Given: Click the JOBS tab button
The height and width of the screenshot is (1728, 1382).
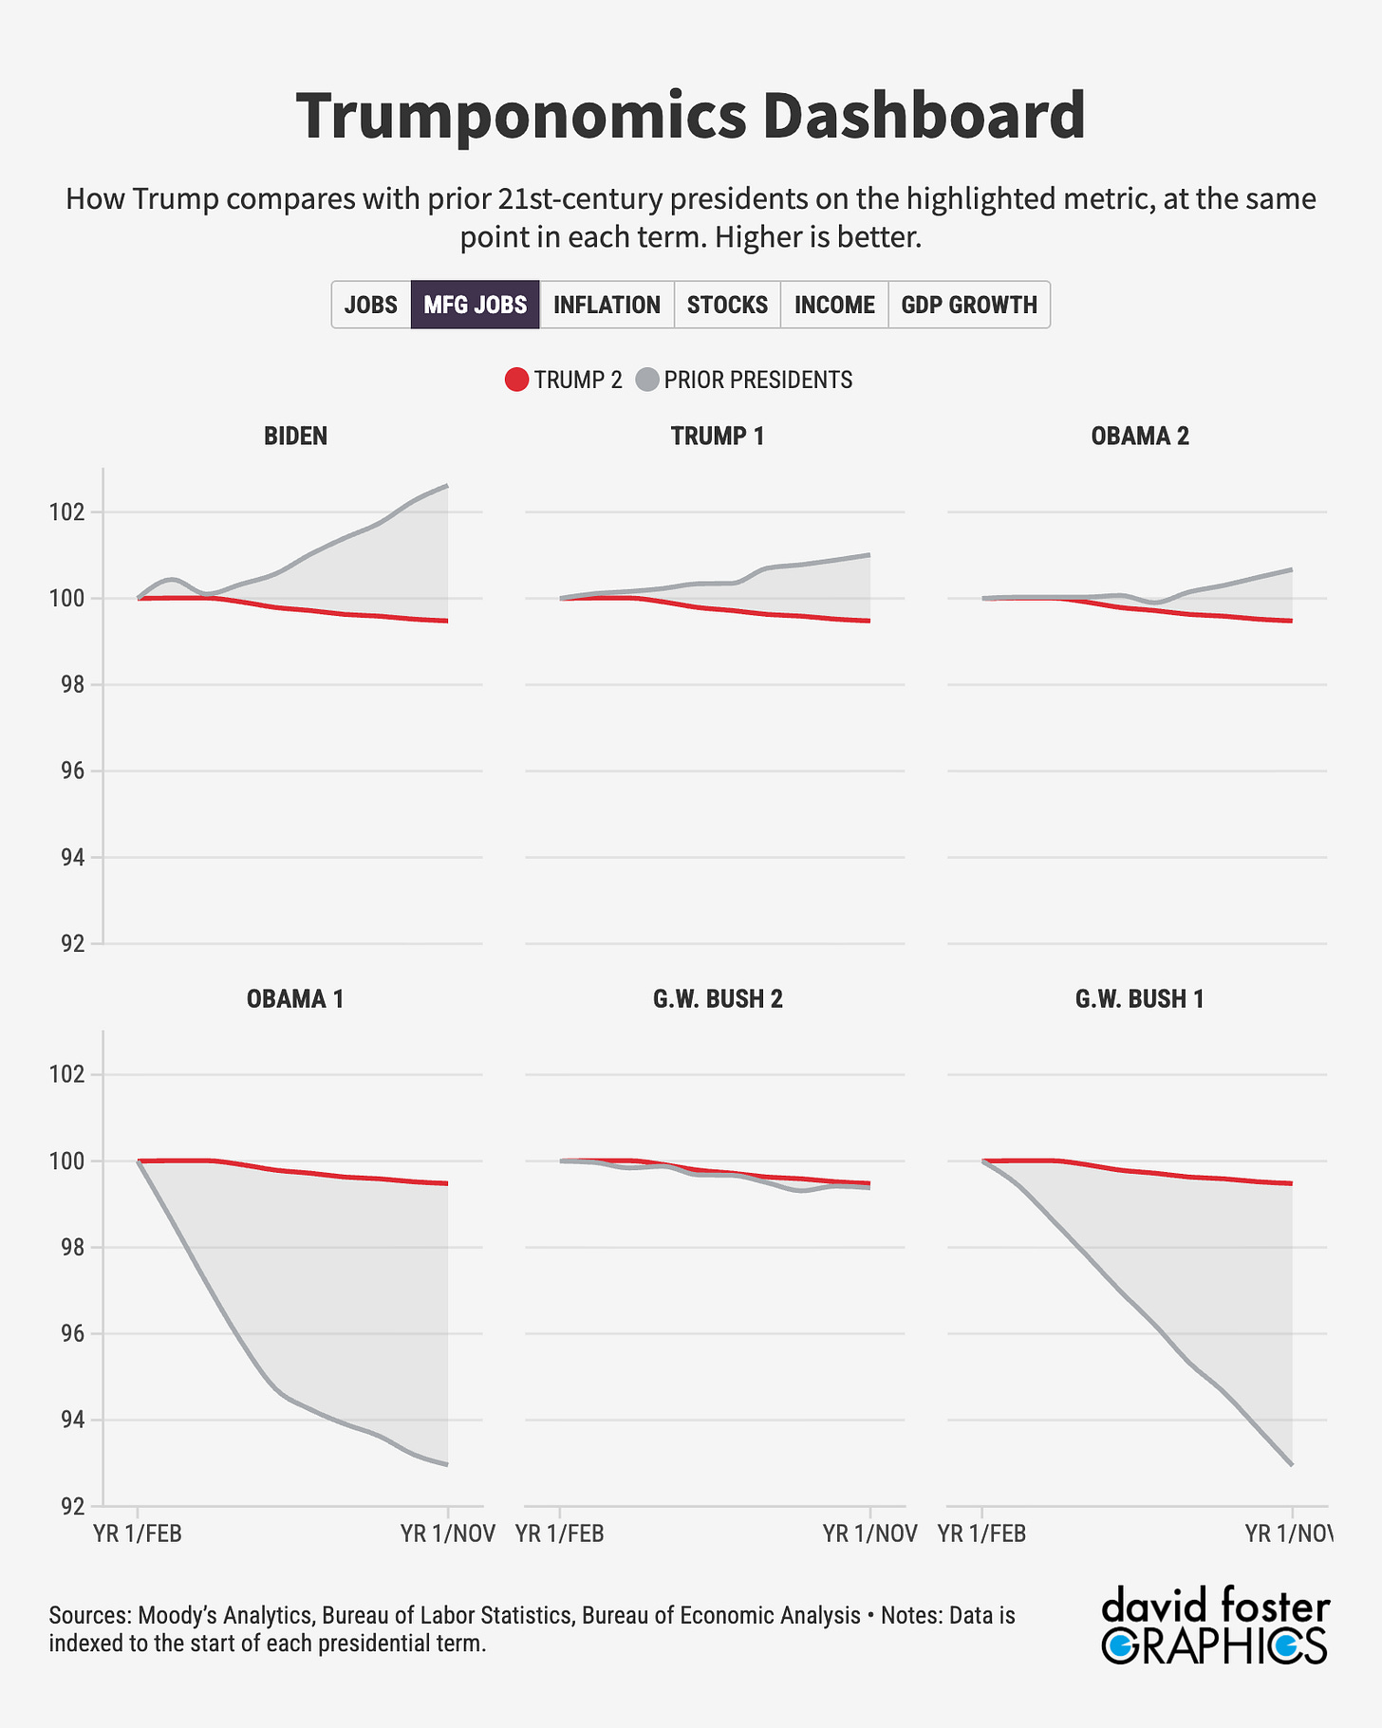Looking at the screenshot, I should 371,305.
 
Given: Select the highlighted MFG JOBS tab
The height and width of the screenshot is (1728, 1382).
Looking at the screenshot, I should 476,305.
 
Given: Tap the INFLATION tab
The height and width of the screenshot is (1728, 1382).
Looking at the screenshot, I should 607,305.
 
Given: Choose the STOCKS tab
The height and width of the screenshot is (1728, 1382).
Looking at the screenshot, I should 727,305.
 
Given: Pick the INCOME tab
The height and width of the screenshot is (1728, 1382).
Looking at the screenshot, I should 834,305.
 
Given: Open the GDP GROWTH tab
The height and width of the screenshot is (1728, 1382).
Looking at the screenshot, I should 969,305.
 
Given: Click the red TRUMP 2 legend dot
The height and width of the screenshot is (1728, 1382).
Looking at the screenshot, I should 516,381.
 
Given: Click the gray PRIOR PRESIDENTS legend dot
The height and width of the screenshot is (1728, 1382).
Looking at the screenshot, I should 646,381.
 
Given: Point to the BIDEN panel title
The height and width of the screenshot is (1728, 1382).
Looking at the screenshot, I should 295,437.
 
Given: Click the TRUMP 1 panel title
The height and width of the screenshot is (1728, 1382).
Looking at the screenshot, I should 718,437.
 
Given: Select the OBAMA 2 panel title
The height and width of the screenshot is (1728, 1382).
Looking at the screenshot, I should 1140,437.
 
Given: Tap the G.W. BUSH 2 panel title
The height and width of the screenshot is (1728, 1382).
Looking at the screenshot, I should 718,999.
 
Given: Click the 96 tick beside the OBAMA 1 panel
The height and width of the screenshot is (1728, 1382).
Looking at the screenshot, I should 71,1334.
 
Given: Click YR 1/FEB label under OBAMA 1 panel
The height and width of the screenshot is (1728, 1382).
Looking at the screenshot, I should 138,1534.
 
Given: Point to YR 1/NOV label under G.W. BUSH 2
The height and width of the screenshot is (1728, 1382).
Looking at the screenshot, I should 869,1534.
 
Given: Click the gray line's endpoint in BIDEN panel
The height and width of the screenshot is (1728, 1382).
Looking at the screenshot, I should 447,486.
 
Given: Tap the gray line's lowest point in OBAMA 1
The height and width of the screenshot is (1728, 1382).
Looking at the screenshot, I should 447,1464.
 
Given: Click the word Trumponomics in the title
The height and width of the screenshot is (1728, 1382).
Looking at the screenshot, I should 519,116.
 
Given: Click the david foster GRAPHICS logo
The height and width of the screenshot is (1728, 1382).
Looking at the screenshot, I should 1215,1624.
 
